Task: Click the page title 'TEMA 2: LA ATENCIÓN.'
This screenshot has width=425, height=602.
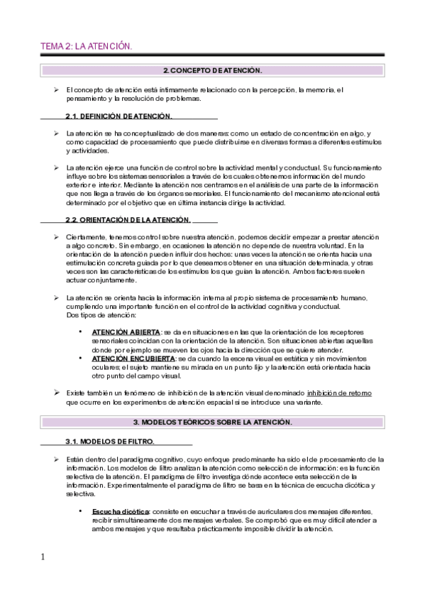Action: [x=86, y=46]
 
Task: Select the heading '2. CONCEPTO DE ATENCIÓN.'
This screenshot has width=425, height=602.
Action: [x=213, y=71]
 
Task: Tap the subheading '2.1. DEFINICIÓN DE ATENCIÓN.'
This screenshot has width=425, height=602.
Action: [x=118, y=116]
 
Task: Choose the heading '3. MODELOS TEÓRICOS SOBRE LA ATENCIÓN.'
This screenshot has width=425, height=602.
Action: [x=213, y=422]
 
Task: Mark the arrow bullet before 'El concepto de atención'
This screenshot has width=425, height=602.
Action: [x=56, y=90]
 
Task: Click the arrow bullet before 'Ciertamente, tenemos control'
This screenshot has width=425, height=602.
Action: [x=56, y=236]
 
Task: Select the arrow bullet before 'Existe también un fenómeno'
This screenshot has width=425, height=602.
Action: [x=56, y=393]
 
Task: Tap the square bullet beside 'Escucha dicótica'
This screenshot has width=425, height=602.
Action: [x=81, y=511]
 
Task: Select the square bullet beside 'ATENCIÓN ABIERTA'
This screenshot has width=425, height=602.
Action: [x=81, y=332]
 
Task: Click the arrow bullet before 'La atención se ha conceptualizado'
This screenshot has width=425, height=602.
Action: [x=56, y=133]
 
